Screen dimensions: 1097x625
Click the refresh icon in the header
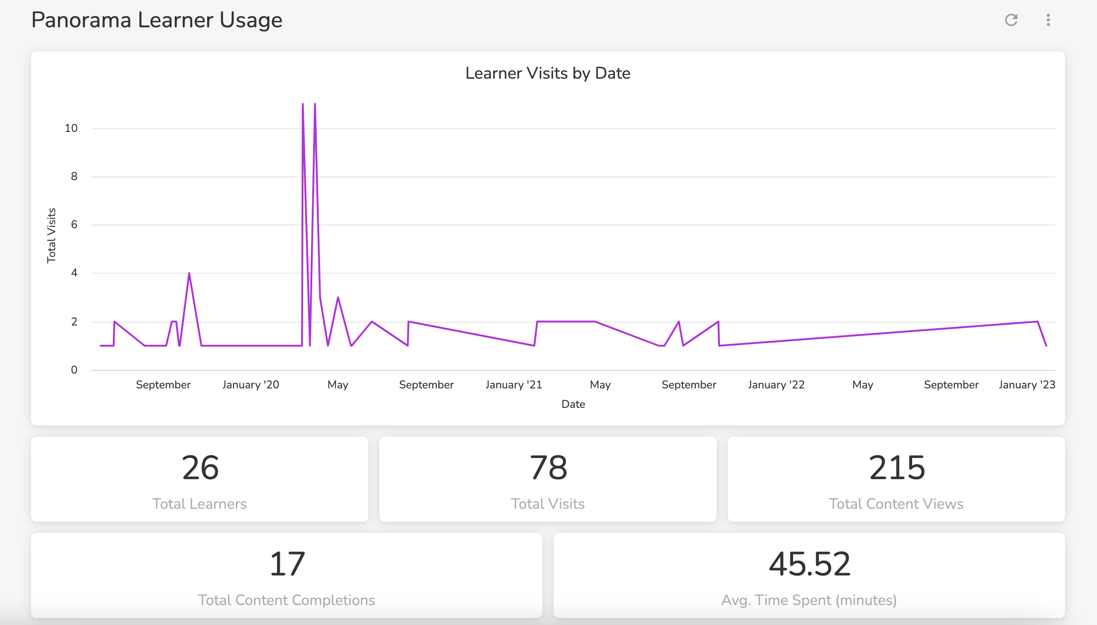[x=1011, y=20]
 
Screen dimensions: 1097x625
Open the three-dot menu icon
[x=1048, y=20]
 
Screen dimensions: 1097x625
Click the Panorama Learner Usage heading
[x=157, y=20]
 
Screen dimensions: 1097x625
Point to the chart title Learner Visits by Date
[x=548, y=73]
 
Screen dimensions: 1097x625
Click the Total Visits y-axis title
[x=51, y=236]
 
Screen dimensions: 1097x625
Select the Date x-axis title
[x=573, y=404]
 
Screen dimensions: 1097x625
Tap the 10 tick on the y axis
[x=71, y=128]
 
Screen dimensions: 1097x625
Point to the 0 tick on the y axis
[x=74, y=370]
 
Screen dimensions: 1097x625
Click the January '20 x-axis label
[x=251, y=385]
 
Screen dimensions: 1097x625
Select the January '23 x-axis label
[x=1027, y=385]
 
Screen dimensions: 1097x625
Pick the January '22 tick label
[x=776, y=385]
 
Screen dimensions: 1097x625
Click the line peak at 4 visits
[x=189, y=273]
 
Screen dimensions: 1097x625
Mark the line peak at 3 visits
[x=338, y=297]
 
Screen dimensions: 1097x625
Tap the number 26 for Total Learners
[x=200, y=468]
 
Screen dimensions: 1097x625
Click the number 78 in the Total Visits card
[x=548, y=468]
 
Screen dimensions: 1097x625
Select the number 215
[x=897, y=468]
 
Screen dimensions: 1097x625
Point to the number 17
[x=287, y=564]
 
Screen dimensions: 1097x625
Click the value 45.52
[x=810, y=564]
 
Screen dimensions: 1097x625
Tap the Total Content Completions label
[x=286, y=600]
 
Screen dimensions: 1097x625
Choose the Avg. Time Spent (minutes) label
[x=809, y=600]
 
